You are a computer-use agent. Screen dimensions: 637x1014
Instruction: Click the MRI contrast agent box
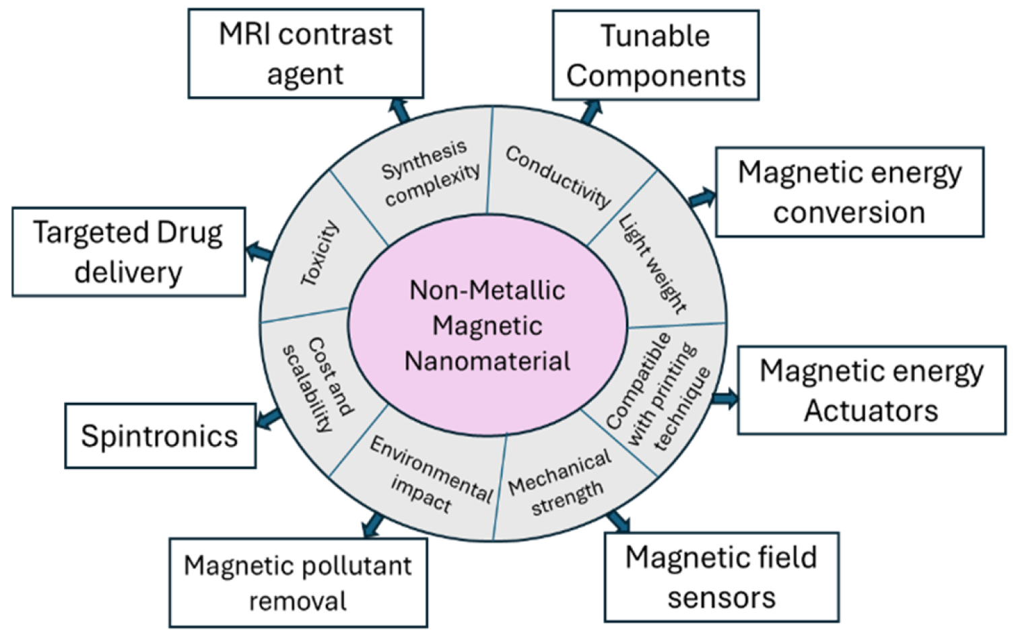click(x=306, y=54)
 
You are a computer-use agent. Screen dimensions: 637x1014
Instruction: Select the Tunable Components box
click(x=655, y=55)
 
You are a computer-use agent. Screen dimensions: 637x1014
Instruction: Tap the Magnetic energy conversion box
click(x=849, y=192)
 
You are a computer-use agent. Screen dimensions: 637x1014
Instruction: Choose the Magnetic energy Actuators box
click(x=871, y=390)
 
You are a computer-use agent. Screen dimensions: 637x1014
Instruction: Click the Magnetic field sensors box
click(x=721, y=577)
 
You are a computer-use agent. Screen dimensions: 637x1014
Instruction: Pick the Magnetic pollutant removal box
click(x=298, y=583)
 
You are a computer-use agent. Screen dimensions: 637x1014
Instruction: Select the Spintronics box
click(x=160, y=436)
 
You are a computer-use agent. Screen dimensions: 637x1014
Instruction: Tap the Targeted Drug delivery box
click(x=128, y=252)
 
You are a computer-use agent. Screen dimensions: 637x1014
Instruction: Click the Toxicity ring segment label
click(x=320, y=254)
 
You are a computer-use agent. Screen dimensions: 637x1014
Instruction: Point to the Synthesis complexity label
click(x=430, y=173)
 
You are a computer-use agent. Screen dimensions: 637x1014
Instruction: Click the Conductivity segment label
click(x=558, y=176)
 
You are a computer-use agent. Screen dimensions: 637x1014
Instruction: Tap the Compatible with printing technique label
click(x=658, y=391)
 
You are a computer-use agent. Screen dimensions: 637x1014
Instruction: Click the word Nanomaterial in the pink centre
click(x=487, y=361)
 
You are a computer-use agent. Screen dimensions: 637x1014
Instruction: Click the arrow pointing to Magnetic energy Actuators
click(x=724, y=398)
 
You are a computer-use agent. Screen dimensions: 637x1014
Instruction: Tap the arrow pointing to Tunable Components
click(x=590, y=112)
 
